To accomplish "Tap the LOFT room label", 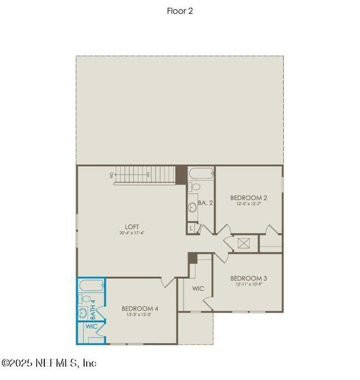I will pos(132,226).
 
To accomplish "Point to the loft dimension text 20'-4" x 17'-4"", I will pos(132,233).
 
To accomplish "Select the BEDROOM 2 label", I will pos(248,197).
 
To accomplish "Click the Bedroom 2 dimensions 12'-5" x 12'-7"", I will pos(248,204).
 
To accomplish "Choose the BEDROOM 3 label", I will pos(248,278).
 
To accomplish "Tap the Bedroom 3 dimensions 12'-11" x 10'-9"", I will pos(248,285).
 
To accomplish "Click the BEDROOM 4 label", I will pos(139,308).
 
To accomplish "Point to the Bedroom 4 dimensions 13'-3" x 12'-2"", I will pos(139,315).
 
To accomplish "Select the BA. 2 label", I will pos(204,203).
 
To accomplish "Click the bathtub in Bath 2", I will pos(200,173).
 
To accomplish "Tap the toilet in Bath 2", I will pos(195,187).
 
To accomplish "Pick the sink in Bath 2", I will pos(191,207).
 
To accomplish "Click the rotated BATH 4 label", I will pos(93,308).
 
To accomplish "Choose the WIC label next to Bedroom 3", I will pos(198,288).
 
